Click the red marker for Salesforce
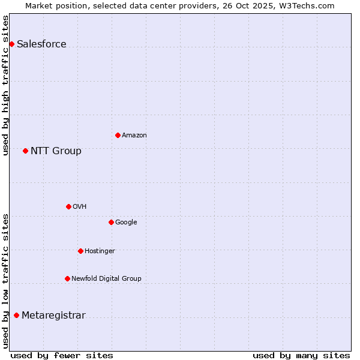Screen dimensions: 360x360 pos(11,44)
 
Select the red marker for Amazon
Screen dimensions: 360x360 pos(118,135)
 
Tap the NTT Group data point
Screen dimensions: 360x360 pos(25,151)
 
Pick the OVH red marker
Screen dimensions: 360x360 pos(68,206)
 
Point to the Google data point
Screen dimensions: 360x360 pos(111,222)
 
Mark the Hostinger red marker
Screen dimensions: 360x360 pos(80,251)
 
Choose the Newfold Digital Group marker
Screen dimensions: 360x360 pos(67,278)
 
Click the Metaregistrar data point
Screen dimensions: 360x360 pos(16,316)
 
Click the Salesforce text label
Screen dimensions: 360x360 pos(41,44)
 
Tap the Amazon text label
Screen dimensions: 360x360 pos(134,136)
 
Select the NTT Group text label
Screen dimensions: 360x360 pos(56,151)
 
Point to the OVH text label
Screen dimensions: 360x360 pos(80,207)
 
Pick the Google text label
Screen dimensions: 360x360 pos(126,223)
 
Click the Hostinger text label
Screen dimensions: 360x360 pos(100,251)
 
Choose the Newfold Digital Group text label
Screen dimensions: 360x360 pos(106,279)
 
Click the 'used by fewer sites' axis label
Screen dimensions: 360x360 pos(62,355)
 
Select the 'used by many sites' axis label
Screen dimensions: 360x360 pos(301,355)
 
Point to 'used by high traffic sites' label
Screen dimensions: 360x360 pos(5,85)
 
